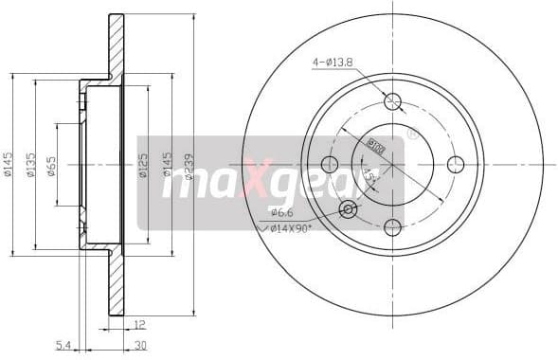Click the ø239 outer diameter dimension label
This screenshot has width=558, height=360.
point(189,168)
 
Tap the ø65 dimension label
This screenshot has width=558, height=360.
point(51,166)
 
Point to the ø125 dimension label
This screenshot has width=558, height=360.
point(143,167)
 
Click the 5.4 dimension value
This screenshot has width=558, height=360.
point(63,345)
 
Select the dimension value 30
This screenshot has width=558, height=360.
point(139,345)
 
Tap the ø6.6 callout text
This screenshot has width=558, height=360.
point(280,210)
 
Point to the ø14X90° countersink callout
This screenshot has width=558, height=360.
point(291,227)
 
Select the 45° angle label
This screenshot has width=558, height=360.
point(369,176)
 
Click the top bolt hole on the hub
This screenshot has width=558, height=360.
point(393,101)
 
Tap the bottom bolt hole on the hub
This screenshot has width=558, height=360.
point(393,226)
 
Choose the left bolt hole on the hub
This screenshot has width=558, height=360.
point(331,164)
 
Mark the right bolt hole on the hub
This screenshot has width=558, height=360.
point(456,164)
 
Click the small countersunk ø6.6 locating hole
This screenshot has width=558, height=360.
point(349,208)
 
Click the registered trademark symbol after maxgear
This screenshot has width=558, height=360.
point(412,135)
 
